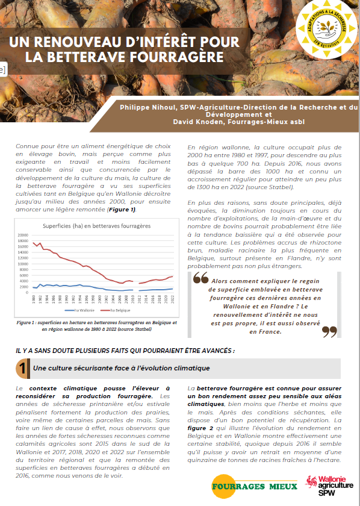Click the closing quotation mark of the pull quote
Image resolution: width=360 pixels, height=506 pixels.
329,330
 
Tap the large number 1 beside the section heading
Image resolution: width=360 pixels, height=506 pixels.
22,368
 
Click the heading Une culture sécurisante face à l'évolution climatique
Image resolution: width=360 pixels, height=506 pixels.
121,368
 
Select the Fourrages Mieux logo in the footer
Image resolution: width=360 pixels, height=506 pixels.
254,486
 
